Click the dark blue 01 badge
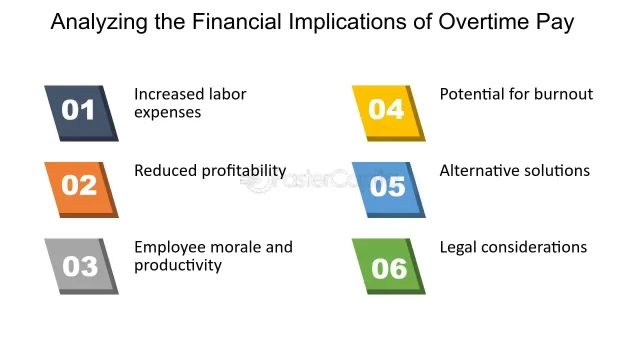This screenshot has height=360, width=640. [x=81, y=113]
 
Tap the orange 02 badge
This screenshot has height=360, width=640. [x=81, y=190]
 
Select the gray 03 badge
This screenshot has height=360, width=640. [x=81, y=266]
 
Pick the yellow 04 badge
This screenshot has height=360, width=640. [x=389, y=113]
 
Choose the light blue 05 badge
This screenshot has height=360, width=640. [x=389, y=190]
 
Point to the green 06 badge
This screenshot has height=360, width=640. [x=389, y=266]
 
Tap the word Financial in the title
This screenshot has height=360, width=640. [x=236, y=21]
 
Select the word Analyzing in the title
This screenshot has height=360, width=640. [x=99, y=22]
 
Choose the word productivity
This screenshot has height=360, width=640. [x=178, y=266]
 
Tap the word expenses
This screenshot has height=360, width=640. [x=168, y=113]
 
